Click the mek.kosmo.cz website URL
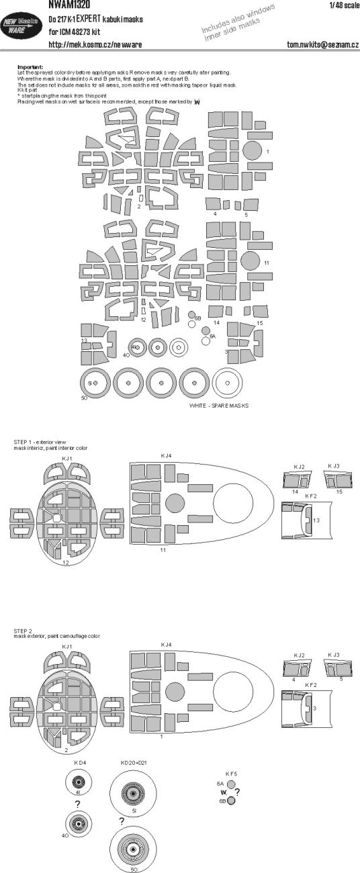pyautogui.click(x=95, y=44)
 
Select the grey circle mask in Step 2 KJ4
pyautogui.click(x=173, y=691)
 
